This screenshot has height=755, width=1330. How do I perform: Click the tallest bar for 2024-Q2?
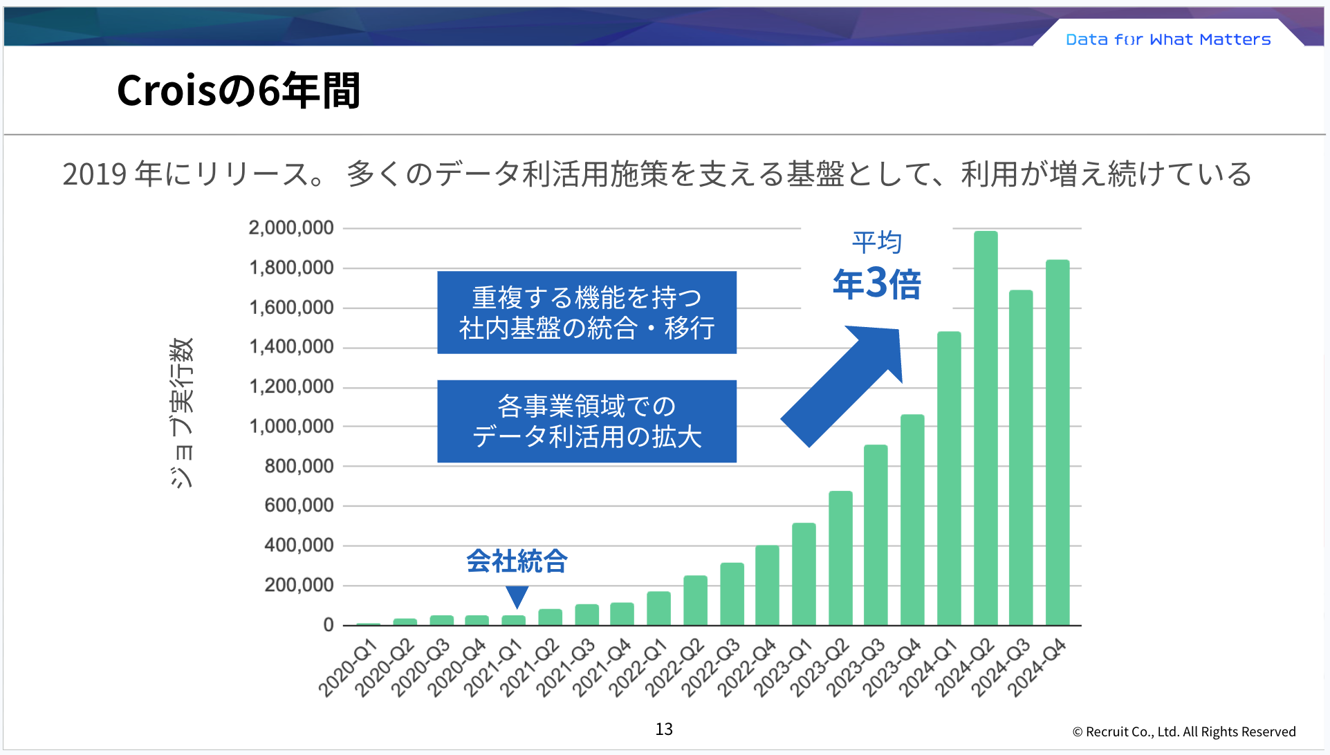[x=986, y=429]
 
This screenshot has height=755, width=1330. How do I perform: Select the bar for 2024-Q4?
[x=1057, y=442]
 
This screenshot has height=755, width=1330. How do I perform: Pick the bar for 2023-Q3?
[x=876, y=536]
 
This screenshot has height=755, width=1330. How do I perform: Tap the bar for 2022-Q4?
[x=767, y=586]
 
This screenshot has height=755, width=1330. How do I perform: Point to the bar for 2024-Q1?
[x=949, y=478]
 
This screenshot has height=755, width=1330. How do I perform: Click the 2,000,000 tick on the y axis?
[x=291, y=228]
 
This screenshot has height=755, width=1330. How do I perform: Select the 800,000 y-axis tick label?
[x=299, y=467]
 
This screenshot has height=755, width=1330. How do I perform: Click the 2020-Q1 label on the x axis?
[x=349, y=668]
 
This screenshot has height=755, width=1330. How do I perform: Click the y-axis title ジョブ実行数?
[x=182, y=413]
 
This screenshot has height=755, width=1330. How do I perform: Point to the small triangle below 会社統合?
[x=517, y=595]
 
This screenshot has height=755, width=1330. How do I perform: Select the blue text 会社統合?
[x=517, y=561]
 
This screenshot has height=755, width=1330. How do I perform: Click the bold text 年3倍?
[x=877, y=283]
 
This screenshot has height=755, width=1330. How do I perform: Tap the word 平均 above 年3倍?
[x=877, y=242]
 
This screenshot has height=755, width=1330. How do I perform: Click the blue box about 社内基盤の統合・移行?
[x=587, y=313]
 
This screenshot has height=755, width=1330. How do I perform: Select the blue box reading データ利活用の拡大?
[x=587, y=421]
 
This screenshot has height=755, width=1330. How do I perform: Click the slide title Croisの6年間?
[x=239, y=91]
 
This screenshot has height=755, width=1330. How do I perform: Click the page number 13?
[x=664, y=729]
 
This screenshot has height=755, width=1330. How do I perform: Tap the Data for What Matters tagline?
[x=1168, y=39]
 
